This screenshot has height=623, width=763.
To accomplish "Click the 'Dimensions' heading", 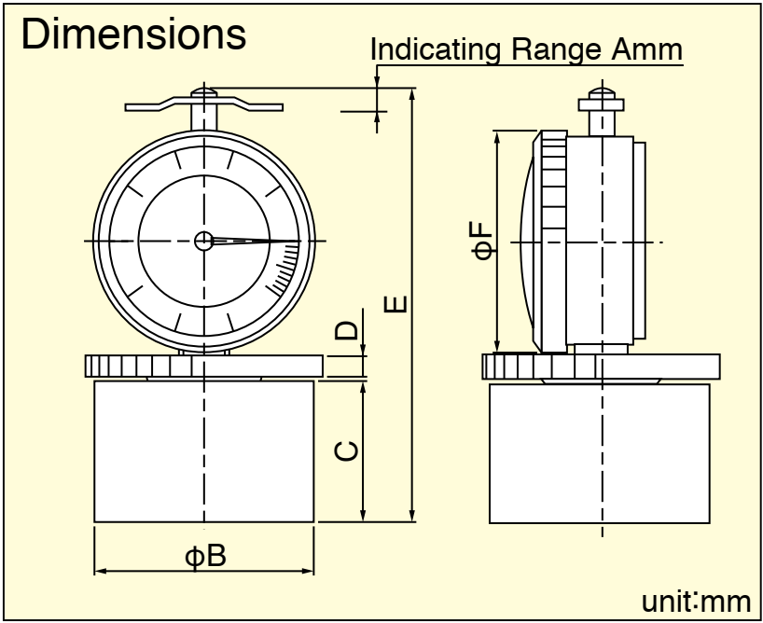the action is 133,34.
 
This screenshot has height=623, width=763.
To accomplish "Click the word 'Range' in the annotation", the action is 556,48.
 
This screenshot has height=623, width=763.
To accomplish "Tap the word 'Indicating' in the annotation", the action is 436,49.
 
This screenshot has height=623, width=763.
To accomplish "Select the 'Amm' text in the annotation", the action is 646,48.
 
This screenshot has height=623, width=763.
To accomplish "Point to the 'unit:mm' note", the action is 697,602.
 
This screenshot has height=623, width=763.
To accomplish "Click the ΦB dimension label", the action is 205,556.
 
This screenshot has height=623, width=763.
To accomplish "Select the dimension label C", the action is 347,451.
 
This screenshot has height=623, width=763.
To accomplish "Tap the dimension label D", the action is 346,330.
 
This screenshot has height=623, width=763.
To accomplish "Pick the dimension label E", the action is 395,304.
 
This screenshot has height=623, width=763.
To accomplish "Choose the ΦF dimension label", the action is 483,240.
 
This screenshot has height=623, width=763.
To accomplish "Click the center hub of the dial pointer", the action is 204,241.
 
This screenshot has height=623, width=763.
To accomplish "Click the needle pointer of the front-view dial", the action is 256,241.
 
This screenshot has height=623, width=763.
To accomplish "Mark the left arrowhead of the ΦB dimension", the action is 100,571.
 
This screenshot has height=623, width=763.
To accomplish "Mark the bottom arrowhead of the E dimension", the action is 412,516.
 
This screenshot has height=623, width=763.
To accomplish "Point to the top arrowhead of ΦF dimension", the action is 497,137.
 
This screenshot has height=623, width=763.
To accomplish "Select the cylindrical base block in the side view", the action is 599,453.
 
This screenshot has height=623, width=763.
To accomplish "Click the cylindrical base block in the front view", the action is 204,451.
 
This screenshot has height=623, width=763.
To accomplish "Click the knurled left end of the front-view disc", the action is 138,366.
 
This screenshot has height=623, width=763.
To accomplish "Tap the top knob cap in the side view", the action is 602,93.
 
